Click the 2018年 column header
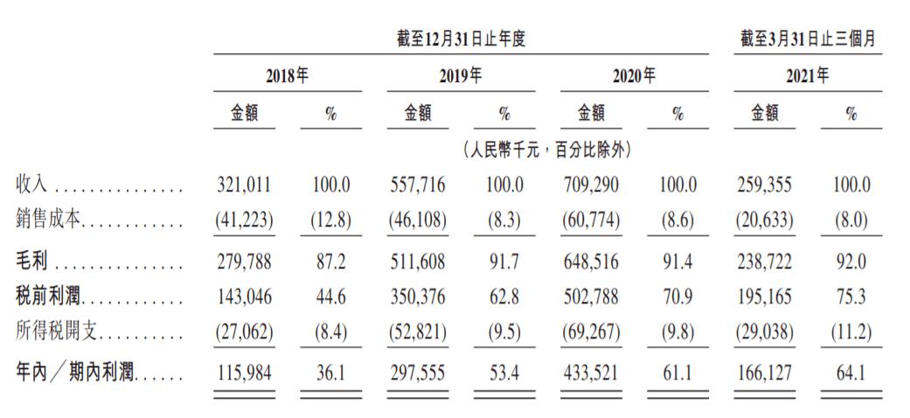coord(287,76)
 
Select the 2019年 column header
coord(460,76)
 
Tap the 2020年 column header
coord(633,76)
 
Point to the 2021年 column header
coord(807,76)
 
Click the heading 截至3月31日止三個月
coord(807,39)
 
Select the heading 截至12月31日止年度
coord(460,39)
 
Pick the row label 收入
coord(32,185)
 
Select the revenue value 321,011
coord(244,185)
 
